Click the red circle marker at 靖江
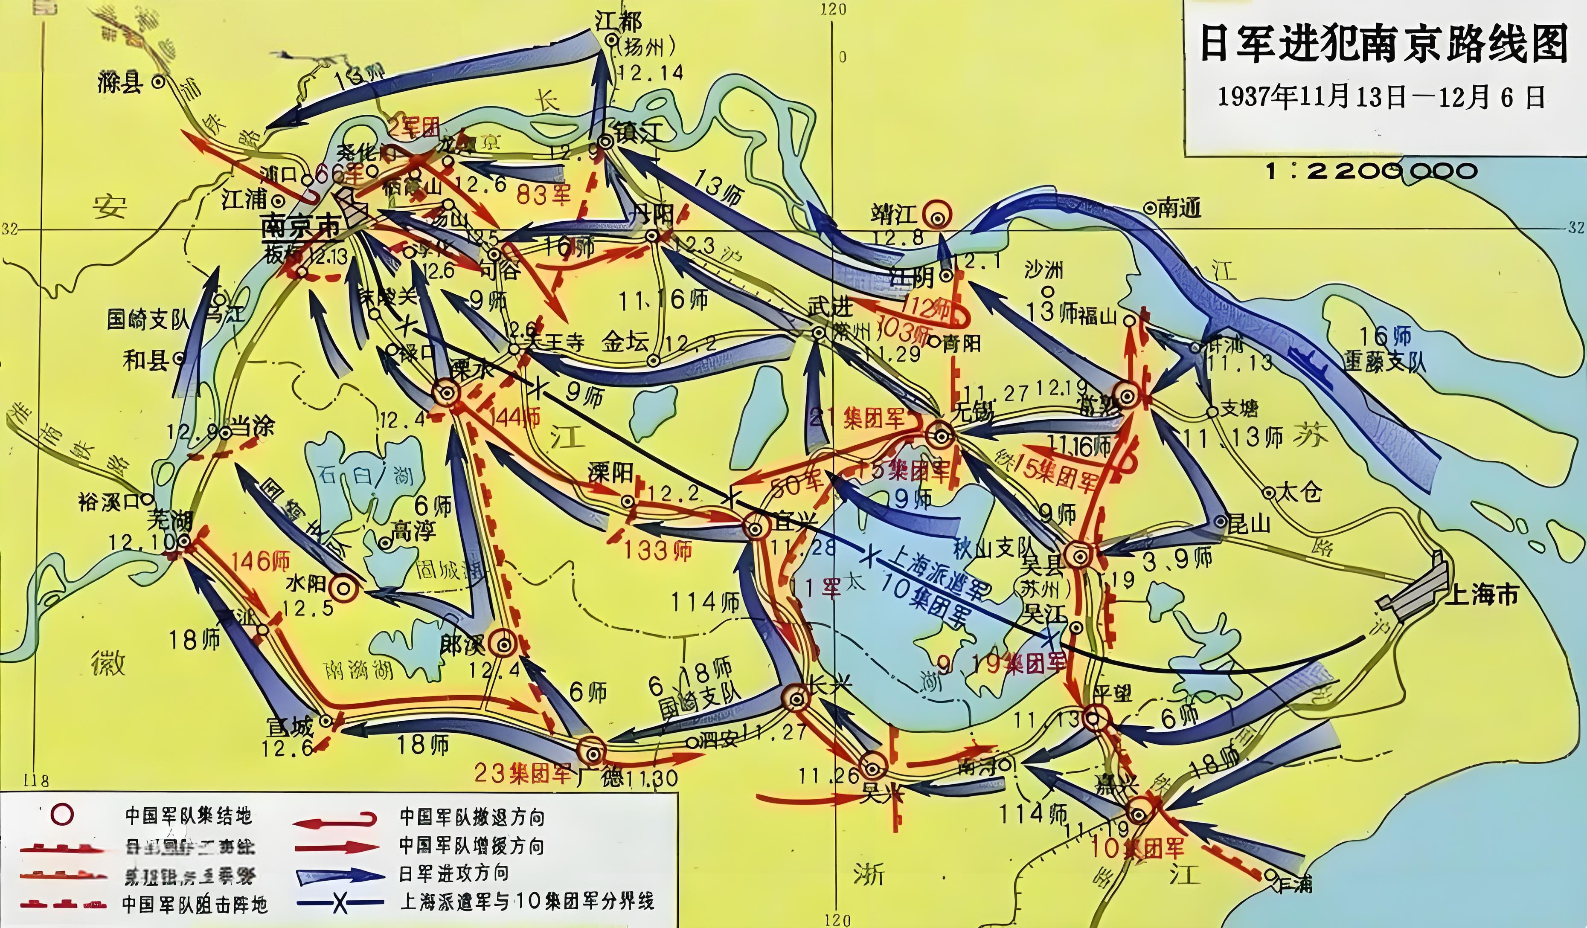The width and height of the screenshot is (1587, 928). tap(938, 216)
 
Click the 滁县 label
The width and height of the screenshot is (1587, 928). tap(120, 82)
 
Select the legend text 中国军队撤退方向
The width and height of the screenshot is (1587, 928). tap(472, 817)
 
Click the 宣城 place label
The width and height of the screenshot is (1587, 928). tap(289, 728)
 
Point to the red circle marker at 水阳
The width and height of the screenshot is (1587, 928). tap(344, 589)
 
